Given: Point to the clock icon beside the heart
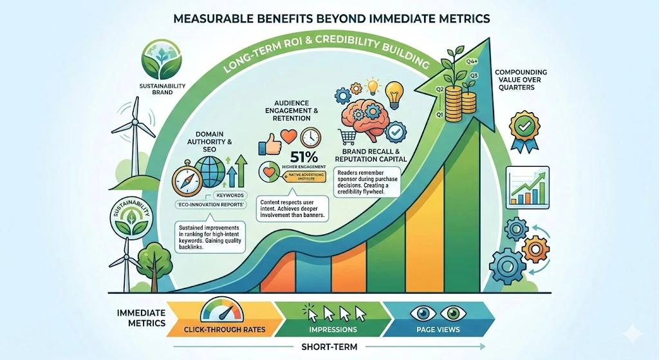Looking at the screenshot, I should (310, 137).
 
